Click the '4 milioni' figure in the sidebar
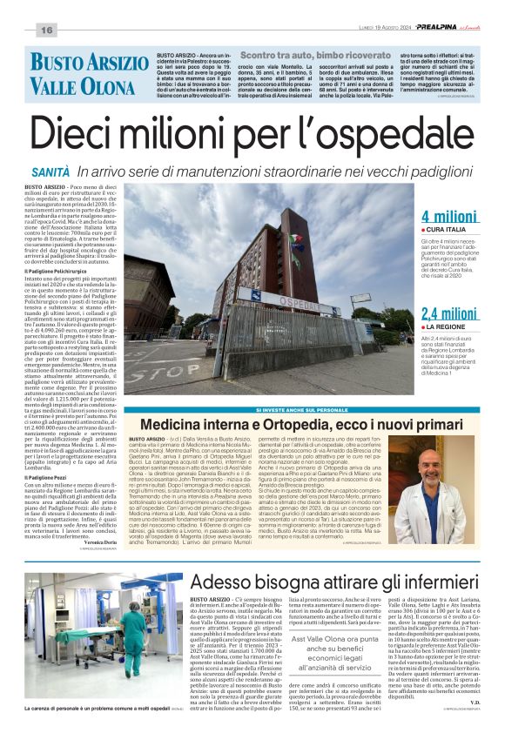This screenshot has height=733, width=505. coord(448,217)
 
